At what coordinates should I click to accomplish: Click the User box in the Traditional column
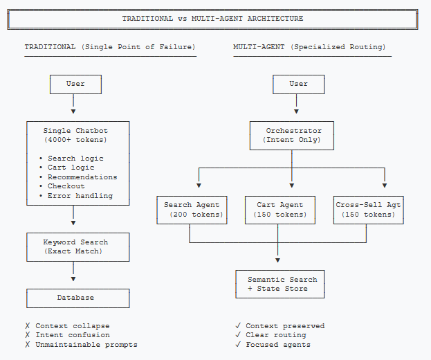pyautogui.click(x=75, y=84)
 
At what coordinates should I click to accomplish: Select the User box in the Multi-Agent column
pyautogui.click(x=298, y=84)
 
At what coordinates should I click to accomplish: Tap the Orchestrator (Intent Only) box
pyautogui.click(x=291, y=135)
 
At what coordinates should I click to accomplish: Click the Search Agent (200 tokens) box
pyautogui.click(x=191, y=210)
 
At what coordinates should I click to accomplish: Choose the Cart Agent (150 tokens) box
pyautogui.click(x=279, y=210)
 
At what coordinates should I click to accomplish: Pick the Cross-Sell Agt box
pyautogui.click(x=368, y=210)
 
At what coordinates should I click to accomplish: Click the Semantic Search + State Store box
pyautogui.click(x=279, y=284)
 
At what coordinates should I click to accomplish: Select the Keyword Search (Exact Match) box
pyautogui.click(x=77, y=247)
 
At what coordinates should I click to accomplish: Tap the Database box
pyautogui.click(x=77, y=298)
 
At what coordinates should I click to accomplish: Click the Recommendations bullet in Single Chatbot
pyautogui.click(x=82, y=177)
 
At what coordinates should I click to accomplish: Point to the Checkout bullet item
pyautogui.click(x=66, y=186)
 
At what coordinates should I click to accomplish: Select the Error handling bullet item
pyautogui.click(x=80, y=196)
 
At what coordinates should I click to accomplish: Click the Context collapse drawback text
pyautogui.click(x=72, y=326)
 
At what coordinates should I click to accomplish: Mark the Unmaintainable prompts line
pyautogui.click(x=86, y=345)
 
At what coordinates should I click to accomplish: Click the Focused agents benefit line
pyautogui.click(x=277, y=345)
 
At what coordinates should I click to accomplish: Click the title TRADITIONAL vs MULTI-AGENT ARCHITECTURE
pyautogui.click(x=212, y=19)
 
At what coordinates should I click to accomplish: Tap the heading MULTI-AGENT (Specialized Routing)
pyautogui.click(x=309, y=47)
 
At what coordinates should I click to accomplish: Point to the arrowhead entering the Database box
pyautogui.click(x=73, y=280)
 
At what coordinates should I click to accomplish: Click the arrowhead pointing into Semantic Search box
pyautogui.click(x=278, y=261)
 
